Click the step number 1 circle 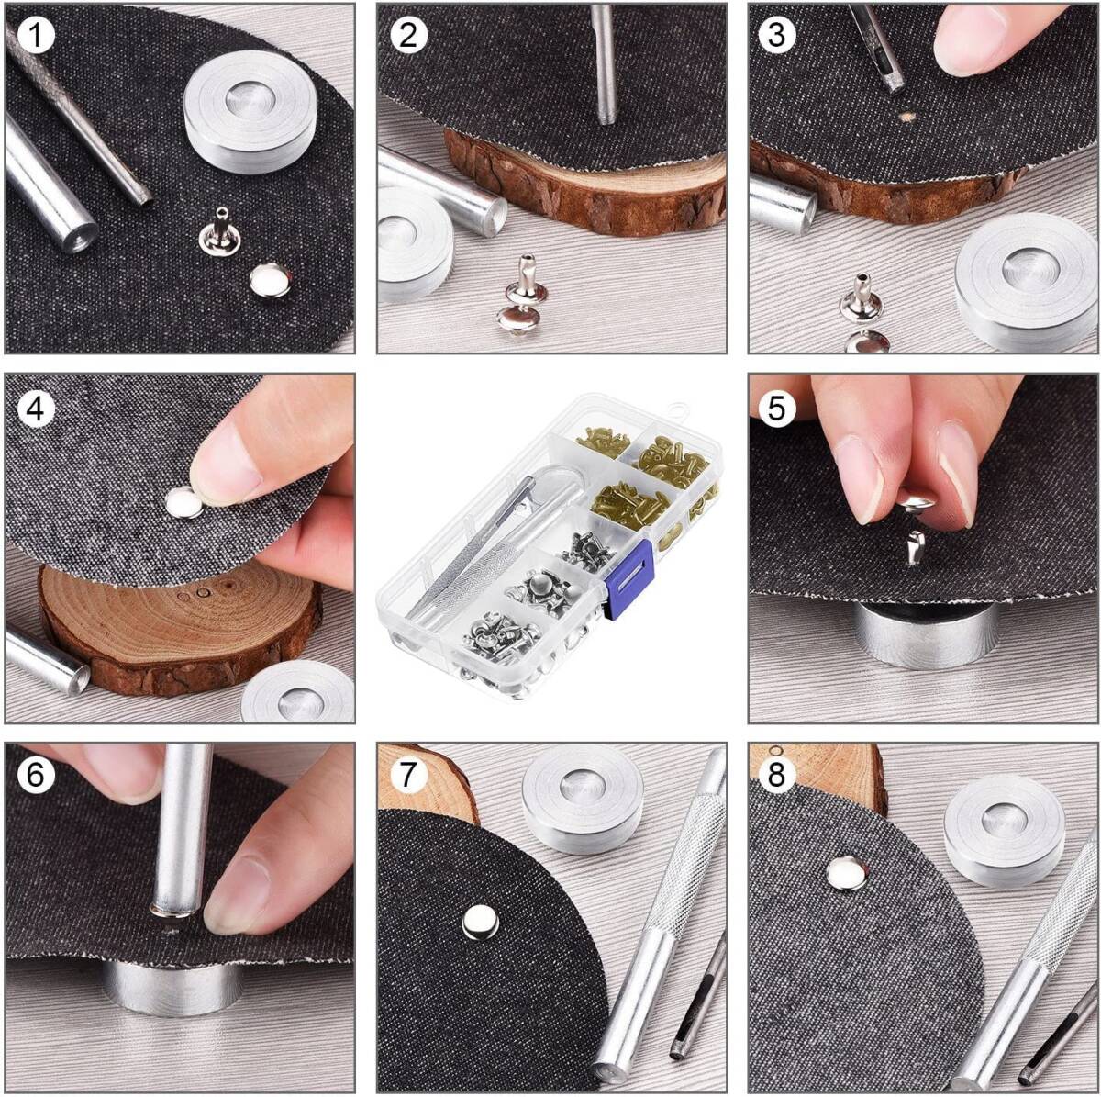click(36, 37)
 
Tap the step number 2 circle click(408, 36)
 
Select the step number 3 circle click(776, 36)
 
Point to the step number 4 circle click(36, 409)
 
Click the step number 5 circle click(776, 409)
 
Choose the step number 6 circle click(36, 776)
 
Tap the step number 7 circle click(408, 776)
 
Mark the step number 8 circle click(776, 776)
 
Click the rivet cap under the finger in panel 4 click(184, 503)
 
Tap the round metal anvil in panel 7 click(583, 800)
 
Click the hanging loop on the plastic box click(677, 410)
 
